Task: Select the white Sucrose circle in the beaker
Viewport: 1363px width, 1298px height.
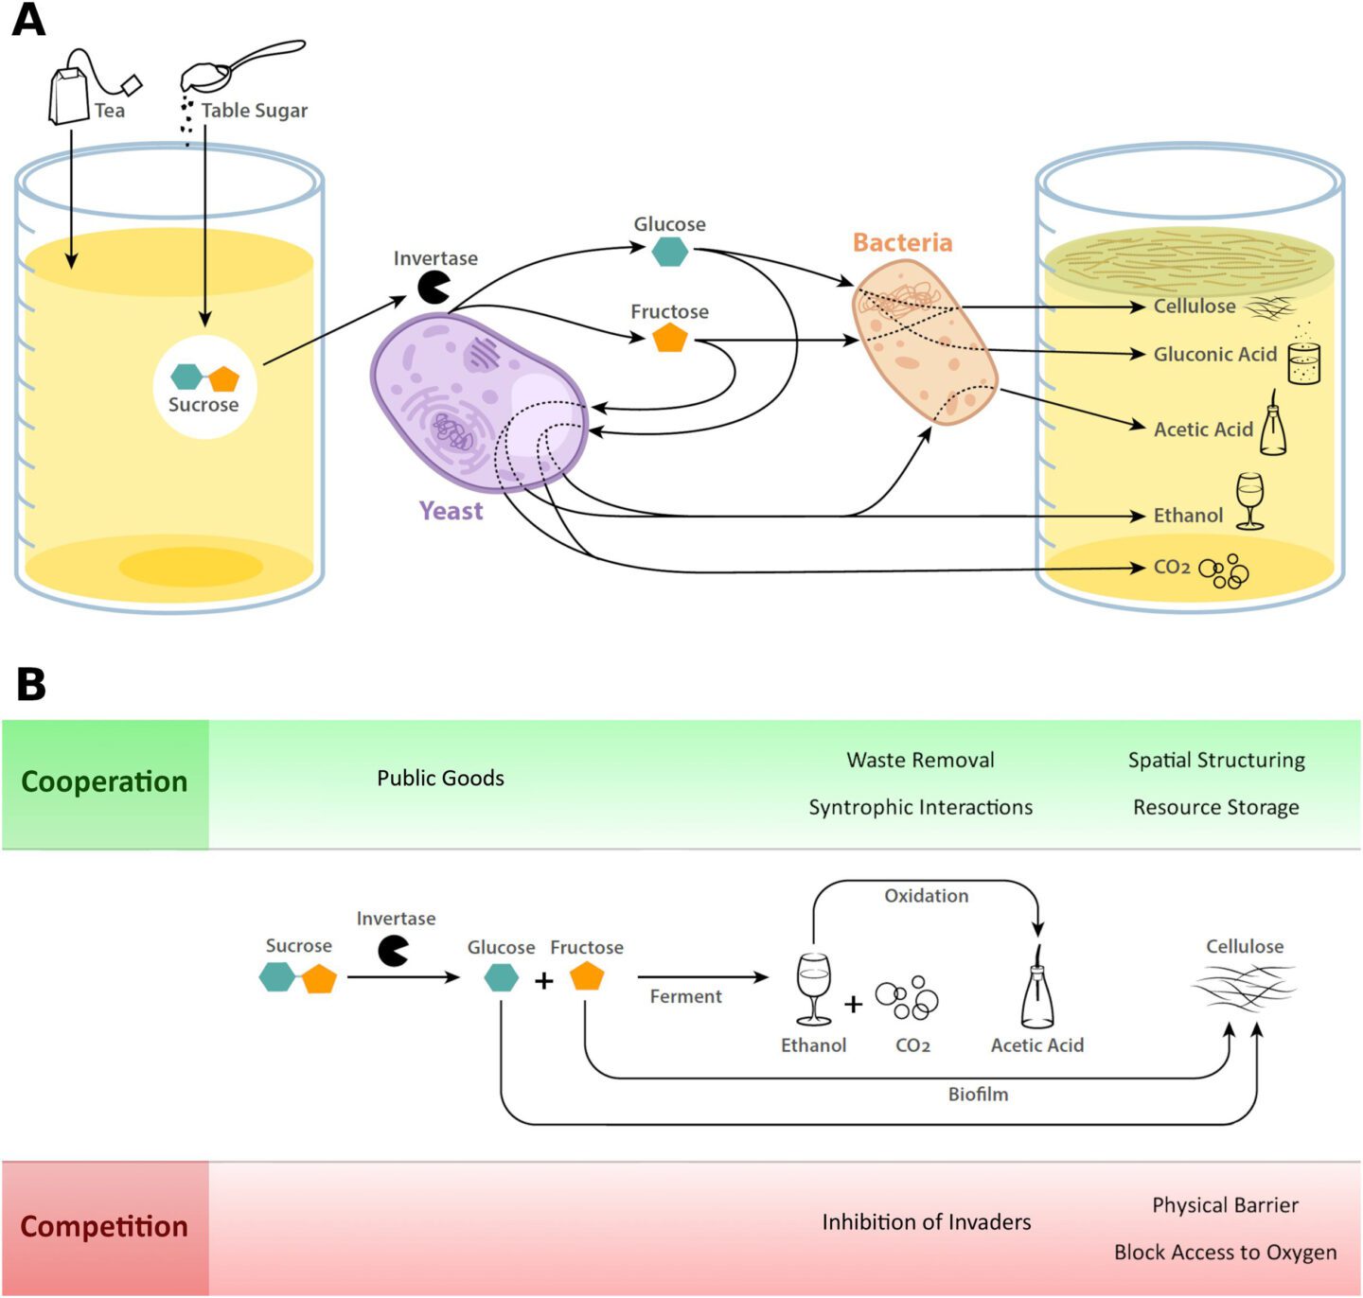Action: point(204,387)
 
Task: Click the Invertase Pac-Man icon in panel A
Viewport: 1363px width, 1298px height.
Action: point(433,288)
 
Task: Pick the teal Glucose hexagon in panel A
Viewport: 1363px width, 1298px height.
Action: point(670,252)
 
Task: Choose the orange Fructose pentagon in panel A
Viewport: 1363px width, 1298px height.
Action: point(670,338)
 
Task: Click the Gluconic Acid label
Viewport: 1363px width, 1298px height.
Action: point(1214,354)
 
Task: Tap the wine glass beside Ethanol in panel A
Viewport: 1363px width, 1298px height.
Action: point(1249,500)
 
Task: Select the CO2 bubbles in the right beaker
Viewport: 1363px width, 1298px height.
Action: point(1224,570)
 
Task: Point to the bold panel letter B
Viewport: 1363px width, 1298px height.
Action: point(30,683)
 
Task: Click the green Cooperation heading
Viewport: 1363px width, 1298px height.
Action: point(104,782)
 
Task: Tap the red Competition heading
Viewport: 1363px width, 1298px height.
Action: point(104,1226)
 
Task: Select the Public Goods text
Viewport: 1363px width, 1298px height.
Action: point(440,778)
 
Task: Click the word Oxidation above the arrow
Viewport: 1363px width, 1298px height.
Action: point(926,896)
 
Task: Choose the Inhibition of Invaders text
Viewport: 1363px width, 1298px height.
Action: point(926,1222)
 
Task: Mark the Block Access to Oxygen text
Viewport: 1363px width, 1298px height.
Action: point(1225,1252)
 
